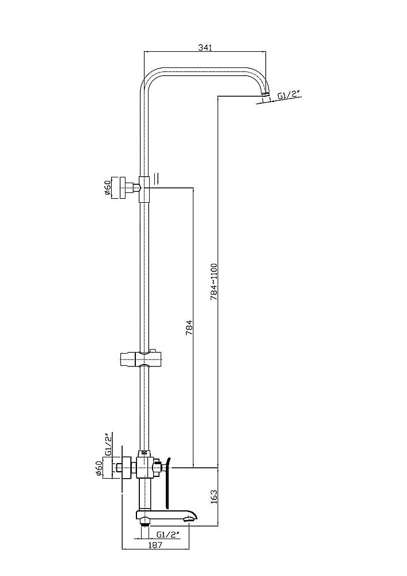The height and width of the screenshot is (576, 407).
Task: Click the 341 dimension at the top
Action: click(x=205, y=48)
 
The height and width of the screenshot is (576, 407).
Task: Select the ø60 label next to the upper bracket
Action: click(x=107, y=188)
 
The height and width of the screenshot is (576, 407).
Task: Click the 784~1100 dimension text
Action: click(x=213, y=281)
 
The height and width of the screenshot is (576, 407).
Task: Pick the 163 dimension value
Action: click(x=213, y=495)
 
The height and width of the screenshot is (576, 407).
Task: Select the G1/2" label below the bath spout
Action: click(x=169, y=534)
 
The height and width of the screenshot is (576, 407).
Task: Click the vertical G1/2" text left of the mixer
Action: click(x=107, y=445)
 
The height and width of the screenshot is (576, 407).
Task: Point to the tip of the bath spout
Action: click(x=189, y=520)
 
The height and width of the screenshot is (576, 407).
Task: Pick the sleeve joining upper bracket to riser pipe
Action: click(x=144, y=188)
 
